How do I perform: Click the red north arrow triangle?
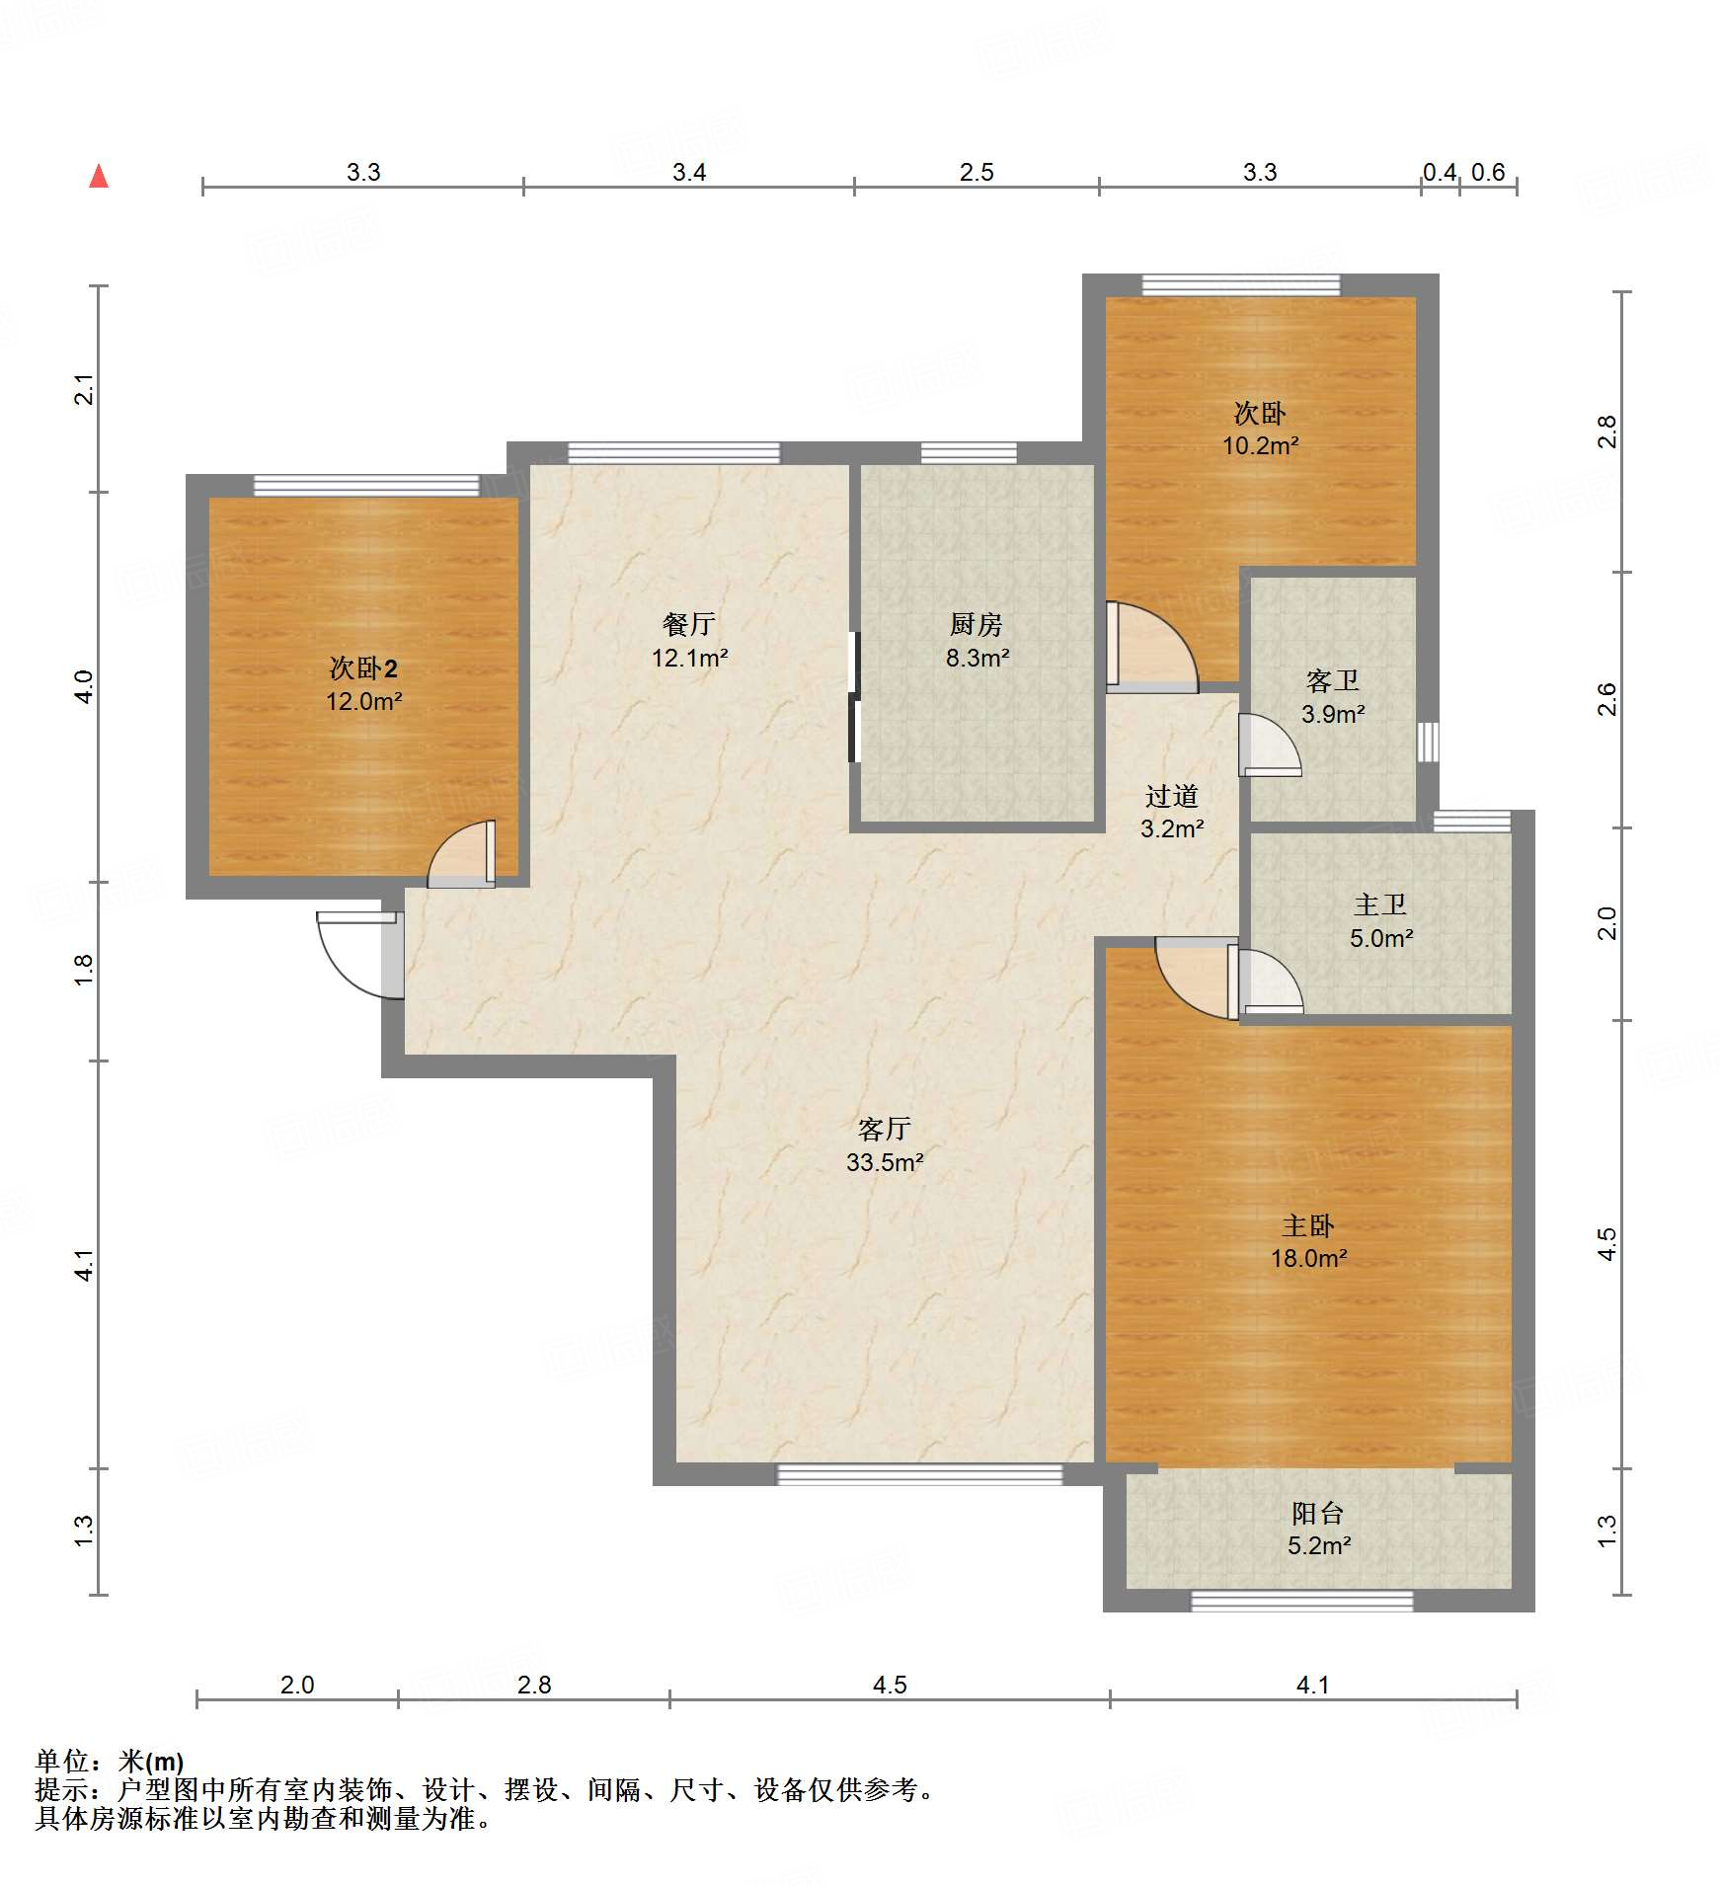(x=99, y=176)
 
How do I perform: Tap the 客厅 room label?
(x=884, y=1128)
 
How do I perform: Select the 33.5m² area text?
(x=885, y=1162)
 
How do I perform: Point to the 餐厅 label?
(x=688, y=624)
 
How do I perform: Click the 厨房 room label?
(x=976, y=624)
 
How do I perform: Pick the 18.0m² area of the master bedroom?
(x=1309, y=1258)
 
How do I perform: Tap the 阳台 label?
(x=1318, y=1513)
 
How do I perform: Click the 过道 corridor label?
(x=1172, y=796)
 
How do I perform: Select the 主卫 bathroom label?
(x=1380, y=904)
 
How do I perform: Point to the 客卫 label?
(x=1333, y=680)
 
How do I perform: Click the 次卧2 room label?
(x=363, y=668)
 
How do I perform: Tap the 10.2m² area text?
(x=1261, y=445)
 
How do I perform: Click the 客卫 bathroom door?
(x=1270, y=745)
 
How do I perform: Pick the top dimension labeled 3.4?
(x=689, y=172)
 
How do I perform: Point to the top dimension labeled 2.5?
(x=977, y=172)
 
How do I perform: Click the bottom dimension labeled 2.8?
(x=534, y=1685)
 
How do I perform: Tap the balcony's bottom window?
(x=1302, y=1601)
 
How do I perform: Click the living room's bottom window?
(x=920, y=1474)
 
